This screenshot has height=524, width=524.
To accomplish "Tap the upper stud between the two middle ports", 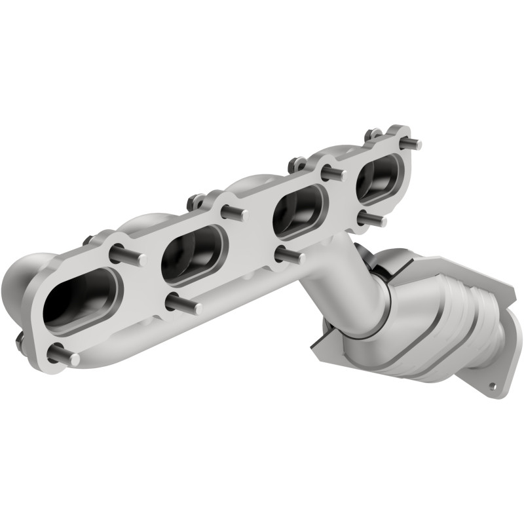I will click(x=234, y=214).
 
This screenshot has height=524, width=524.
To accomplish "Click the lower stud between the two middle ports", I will click(x=288, y=255).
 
